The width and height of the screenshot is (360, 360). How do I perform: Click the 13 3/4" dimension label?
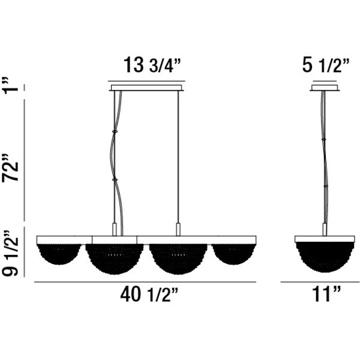tap(152, 65)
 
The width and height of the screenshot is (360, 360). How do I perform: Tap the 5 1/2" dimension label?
tap(326, 65)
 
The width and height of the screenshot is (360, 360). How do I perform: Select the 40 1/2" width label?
tap(149, 295)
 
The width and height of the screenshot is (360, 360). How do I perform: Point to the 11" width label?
tap(326, 295)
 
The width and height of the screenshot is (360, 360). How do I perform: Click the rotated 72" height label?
tap(10, 167)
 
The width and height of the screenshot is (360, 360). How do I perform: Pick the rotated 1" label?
tap(10, 85)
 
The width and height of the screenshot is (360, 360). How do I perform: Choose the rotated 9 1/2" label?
tap(10, 253)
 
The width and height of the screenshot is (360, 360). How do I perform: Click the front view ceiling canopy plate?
tap(146, 88)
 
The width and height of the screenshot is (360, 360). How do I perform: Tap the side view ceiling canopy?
tap(325, 88)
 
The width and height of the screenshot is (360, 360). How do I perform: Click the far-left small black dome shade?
tap(59, 253)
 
